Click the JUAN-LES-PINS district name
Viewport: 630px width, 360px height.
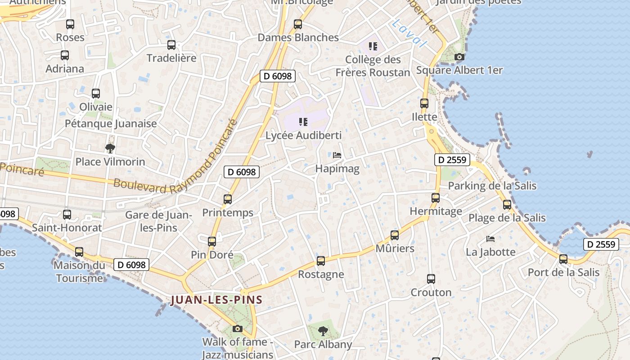pyautogui.click(x=216, y=300)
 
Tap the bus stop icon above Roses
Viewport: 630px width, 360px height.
pyautogui.click(x=70, y=24)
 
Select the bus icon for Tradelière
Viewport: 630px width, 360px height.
pyautogui.click(x=171, y=45)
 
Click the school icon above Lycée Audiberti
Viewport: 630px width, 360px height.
pyautogui.click(x=303, y=121)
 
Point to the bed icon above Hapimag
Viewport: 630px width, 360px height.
pyautogui.click(x=337, y=155)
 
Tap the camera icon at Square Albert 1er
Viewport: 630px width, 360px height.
pyautogui.click(x=459, y=57)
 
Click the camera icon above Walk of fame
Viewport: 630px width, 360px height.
pyautogui.click(x=238, y=328)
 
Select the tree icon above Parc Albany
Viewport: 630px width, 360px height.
pyautogui.click(x=323, y=332)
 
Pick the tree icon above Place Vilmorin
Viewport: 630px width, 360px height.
pyautogui.click(x=110, y=148)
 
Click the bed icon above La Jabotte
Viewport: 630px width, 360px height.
pyautogui.click(x=490, y=238)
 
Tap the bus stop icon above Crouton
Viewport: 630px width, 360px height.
pyautogui.click(x=431, y=279)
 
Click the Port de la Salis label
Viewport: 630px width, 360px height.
pyautogui.click(x=563, y=272)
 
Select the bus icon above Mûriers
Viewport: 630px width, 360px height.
pyautogui.click(x=395, y=235)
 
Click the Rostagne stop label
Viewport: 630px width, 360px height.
pyautogui.click(x=321, y=274)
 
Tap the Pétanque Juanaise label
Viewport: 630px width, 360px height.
pyautogui.click(x=111, y=123)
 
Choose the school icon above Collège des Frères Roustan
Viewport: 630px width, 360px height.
pyautogui.click(x=373, y=46)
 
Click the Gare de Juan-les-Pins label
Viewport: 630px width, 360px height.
pyautogui.click(x=158, y=221)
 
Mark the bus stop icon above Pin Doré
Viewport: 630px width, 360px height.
pyautogui.click(x=212, y=242)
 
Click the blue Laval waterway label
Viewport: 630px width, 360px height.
pyautogui.click(x=409, y=34)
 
